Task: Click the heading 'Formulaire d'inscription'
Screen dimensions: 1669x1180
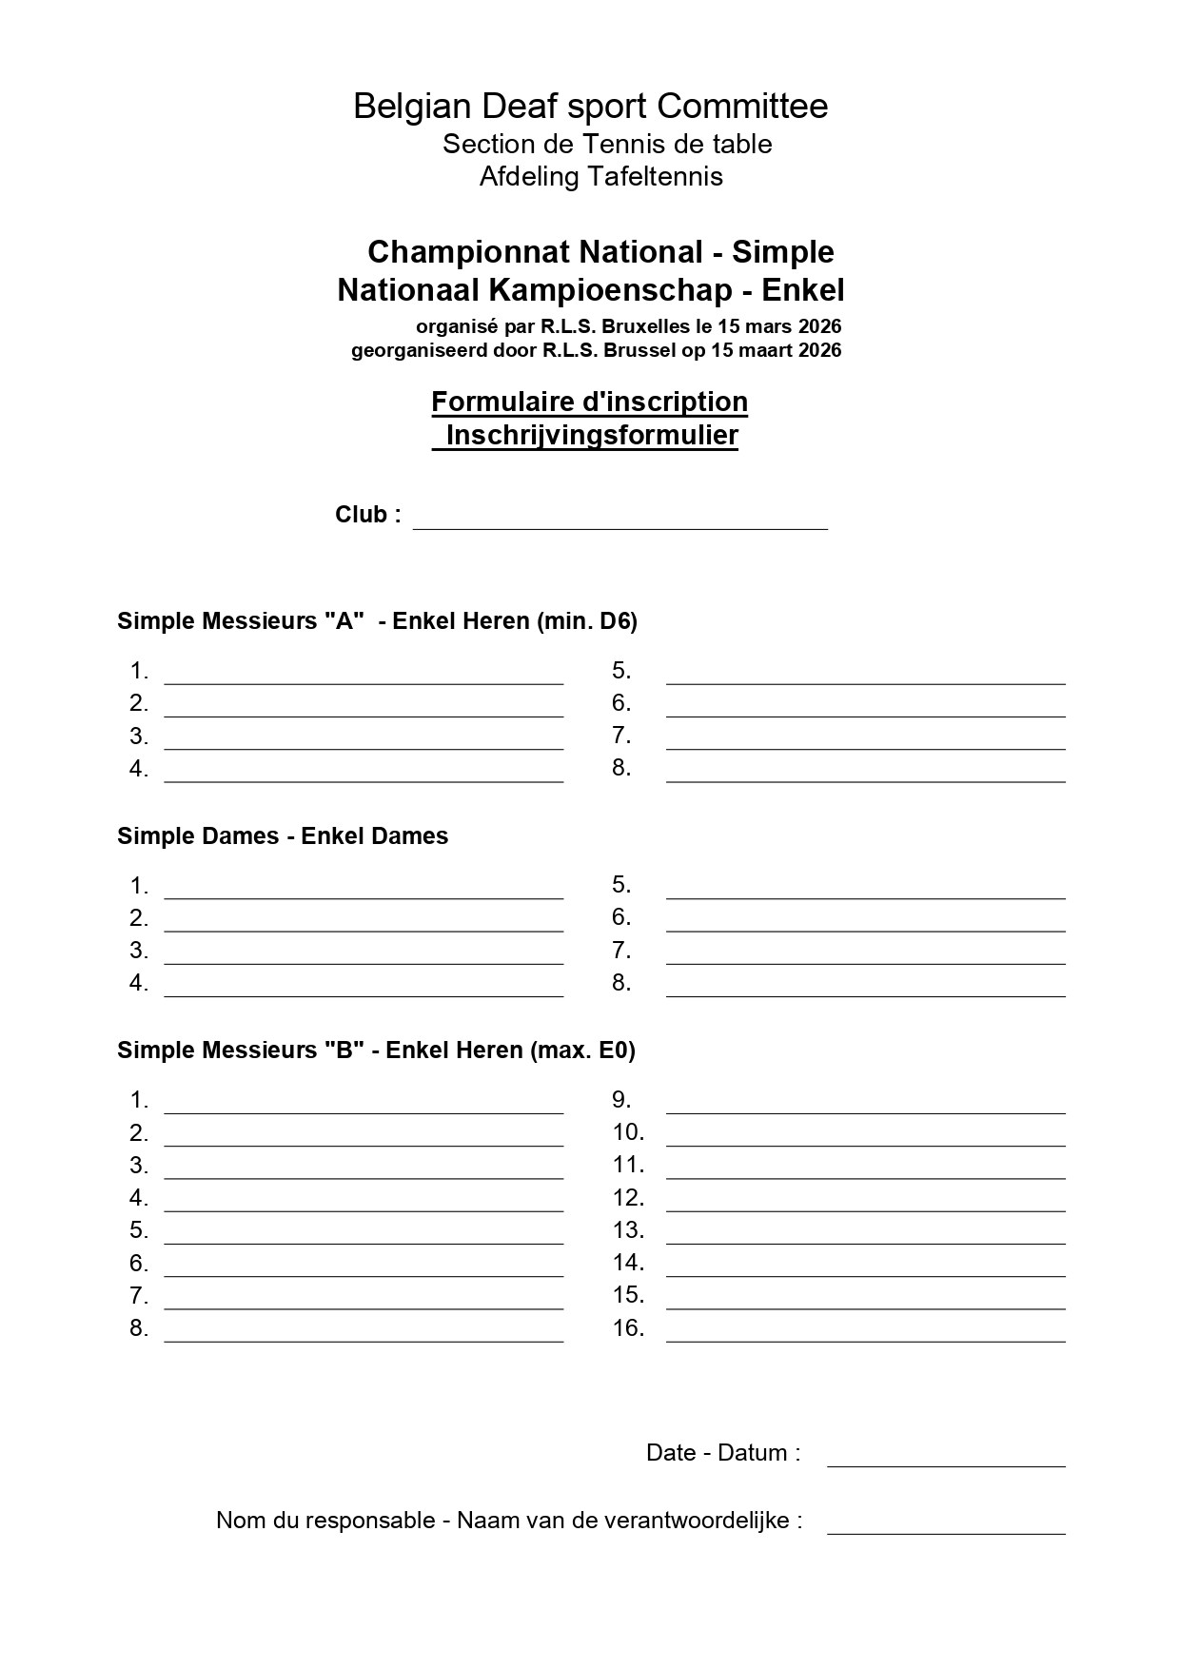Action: (589, 402)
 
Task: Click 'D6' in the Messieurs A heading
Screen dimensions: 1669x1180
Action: (614, 621)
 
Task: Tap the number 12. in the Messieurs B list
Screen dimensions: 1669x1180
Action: (628, 1198)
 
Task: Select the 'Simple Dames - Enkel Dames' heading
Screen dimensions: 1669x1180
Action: (283, 836)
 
